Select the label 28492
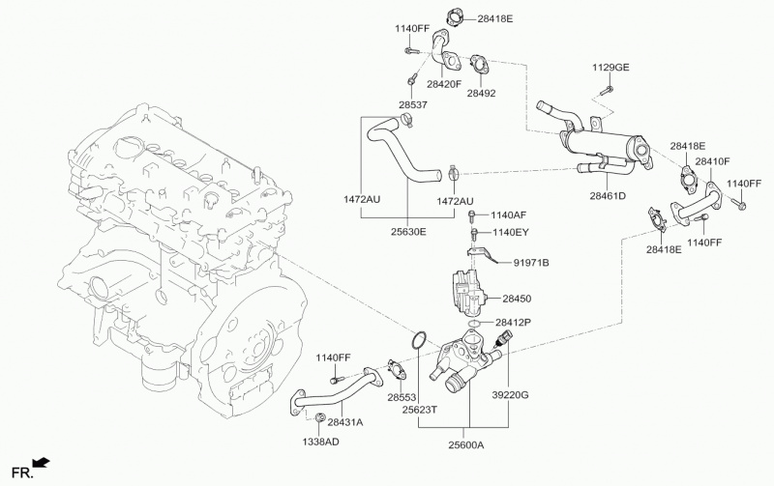pyautogui.click(x=480, y=94)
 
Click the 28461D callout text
pyautogui.click(x=607, y=197)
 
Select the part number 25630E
pyautogui.click(x=406, y=233)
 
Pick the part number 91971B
pyautogui.click(x=531, y=262)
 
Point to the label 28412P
pyautogui.click(x=516, y=322)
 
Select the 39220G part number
pyautogui.click(x=510, y=395)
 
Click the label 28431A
pyautogui.click(x=344, y=422)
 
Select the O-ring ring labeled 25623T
pyautogui.click(x=418, y=340)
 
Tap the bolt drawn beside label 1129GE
pyautogui.click(x=605, y=90)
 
